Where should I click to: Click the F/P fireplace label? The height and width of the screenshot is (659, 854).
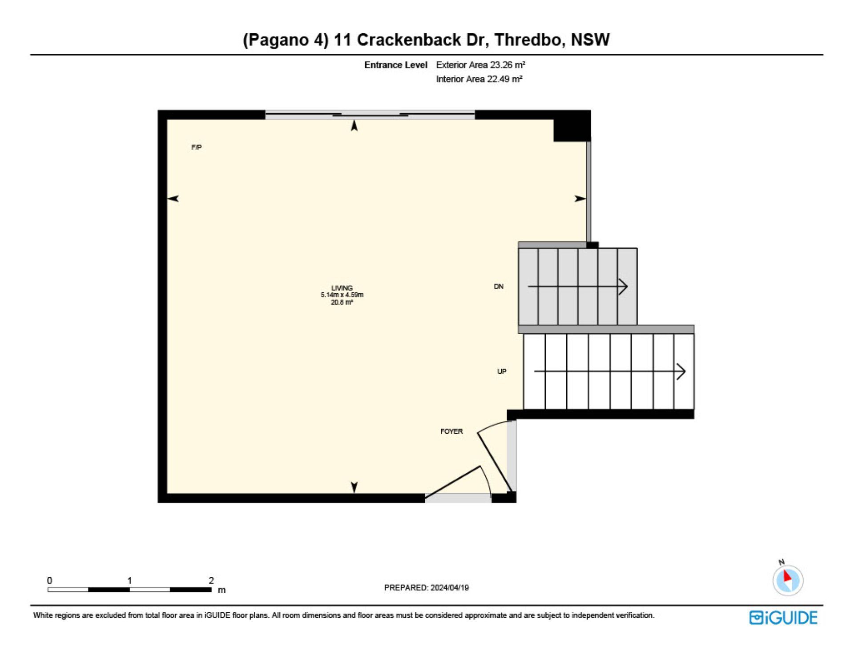[196, 147]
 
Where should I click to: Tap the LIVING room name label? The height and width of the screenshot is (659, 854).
[342, 288]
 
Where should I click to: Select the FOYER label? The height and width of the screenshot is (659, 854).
[451, 431]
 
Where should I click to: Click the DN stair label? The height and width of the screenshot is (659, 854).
[499, 287]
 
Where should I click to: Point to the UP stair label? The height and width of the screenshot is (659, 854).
[502, 371]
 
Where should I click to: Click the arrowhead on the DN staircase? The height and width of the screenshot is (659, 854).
[624, 287]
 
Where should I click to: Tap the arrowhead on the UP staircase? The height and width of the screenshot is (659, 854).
[681, 371]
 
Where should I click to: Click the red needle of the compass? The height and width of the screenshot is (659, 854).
[787, 576]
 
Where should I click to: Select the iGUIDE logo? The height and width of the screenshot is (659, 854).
[783, 618]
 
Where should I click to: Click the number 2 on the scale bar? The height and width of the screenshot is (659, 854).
[211, 580]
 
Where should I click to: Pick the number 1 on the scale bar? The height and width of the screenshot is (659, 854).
[129, 580]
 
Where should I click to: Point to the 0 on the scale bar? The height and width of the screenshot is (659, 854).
[49, 580]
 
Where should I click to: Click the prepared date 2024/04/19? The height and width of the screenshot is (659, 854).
[450, 587]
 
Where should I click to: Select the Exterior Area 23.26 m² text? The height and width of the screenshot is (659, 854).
[480, 65]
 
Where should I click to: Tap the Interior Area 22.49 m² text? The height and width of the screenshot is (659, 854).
[479, 79]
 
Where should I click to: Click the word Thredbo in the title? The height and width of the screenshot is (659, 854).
[528, 40]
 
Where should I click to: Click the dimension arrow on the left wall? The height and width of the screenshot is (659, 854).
[173, 199]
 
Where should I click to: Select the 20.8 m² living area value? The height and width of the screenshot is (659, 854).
[342, 302]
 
